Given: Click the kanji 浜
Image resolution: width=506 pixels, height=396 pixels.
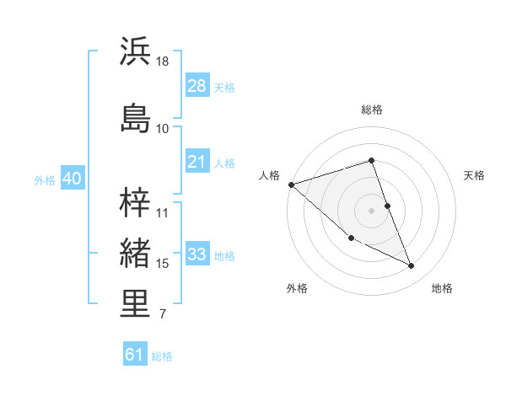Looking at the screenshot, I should pos(136,52).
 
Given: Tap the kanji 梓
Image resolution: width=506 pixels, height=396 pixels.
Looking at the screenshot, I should pos(136,202).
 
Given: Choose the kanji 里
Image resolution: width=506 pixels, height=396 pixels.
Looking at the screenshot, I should pos(136,305).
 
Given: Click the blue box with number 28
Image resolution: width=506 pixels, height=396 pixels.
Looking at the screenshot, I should pos(197,86).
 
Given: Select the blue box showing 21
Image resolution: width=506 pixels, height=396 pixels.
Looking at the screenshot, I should pos(197,162).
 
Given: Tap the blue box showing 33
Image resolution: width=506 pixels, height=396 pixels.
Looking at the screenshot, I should pos(197,254).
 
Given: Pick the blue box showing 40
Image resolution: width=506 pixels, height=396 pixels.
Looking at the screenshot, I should pos(72,179).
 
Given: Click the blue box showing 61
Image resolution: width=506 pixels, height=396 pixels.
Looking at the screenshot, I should pos(135,355).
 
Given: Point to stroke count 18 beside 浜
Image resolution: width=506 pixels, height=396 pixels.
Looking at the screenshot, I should pos(163,62).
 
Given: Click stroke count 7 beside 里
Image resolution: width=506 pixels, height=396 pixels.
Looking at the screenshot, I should pos(162,315).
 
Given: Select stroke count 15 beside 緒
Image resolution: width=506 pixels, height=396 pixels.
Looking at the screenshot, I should pos(163,264).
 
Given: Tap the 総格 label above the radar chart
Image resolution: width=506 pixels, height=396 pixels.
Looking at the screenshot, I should pos(372,110).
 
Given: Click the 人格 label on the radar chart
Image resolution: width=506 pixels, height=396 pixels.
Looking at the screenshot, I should pos(269,175).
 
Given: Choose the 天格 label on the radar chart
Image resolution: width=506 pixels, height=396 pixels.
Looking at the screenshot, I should pos(475,175).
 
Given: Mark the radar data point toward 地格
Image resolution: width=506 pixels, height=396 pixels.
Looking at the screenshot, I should pos(412,266).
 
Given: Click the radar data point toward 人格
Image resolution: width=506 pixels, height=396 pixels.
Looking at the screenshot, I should pos(291,185).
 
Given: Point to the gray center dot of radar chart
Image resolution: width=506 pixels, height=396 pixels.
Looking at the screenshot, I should pos(372,211).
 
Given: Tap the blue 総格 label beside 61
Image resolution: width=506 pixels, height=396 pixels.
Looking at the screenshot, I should pos(162,356).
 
